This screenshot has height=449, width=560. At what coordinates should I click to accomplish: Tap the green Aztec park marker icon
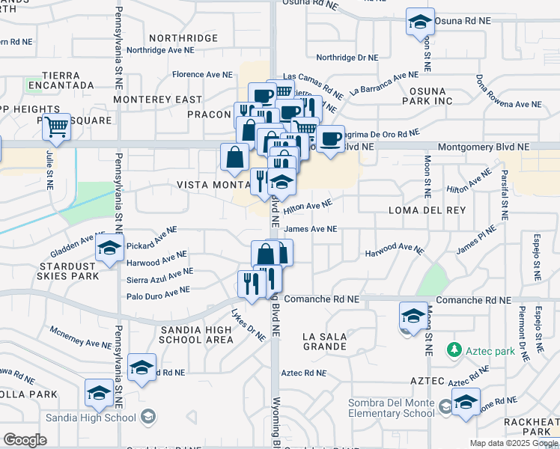453,349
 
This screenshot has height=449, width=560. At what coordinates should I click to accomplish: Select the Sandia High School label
91,417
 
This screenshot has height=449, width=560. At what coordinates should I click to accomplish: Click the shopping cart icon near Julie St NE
56,128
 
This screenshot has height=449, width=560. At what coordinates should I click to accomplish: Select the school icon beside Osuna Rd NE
421,22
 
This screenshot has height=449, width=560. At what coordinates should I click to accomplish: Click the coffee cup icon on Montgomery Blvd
330,138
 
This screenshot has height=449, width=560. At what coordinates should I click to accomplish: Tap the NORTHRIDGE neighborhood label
183,37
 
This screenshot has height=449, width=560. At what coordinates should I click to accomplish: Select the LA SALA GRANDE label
325,342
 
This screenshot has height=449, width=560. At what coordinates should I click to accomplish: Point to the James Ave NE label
311,230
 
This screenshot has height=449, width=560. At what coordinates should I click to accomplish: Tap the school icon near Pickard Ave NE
109,249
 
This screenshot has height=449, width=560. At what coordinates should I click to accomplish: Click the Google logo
25,439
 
